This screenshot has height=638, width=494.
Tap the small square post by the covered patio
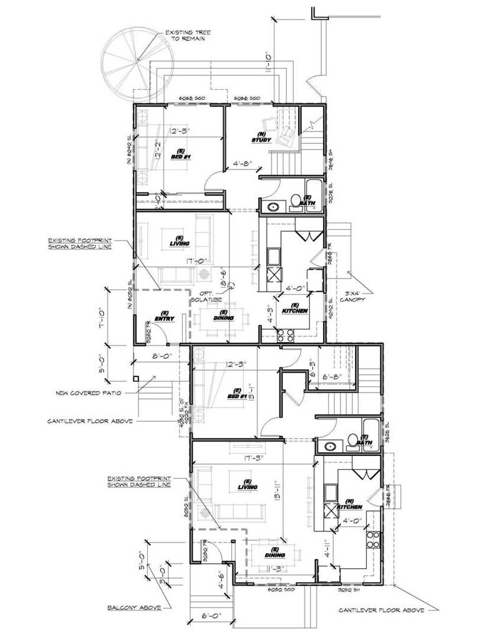[135, 378]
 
